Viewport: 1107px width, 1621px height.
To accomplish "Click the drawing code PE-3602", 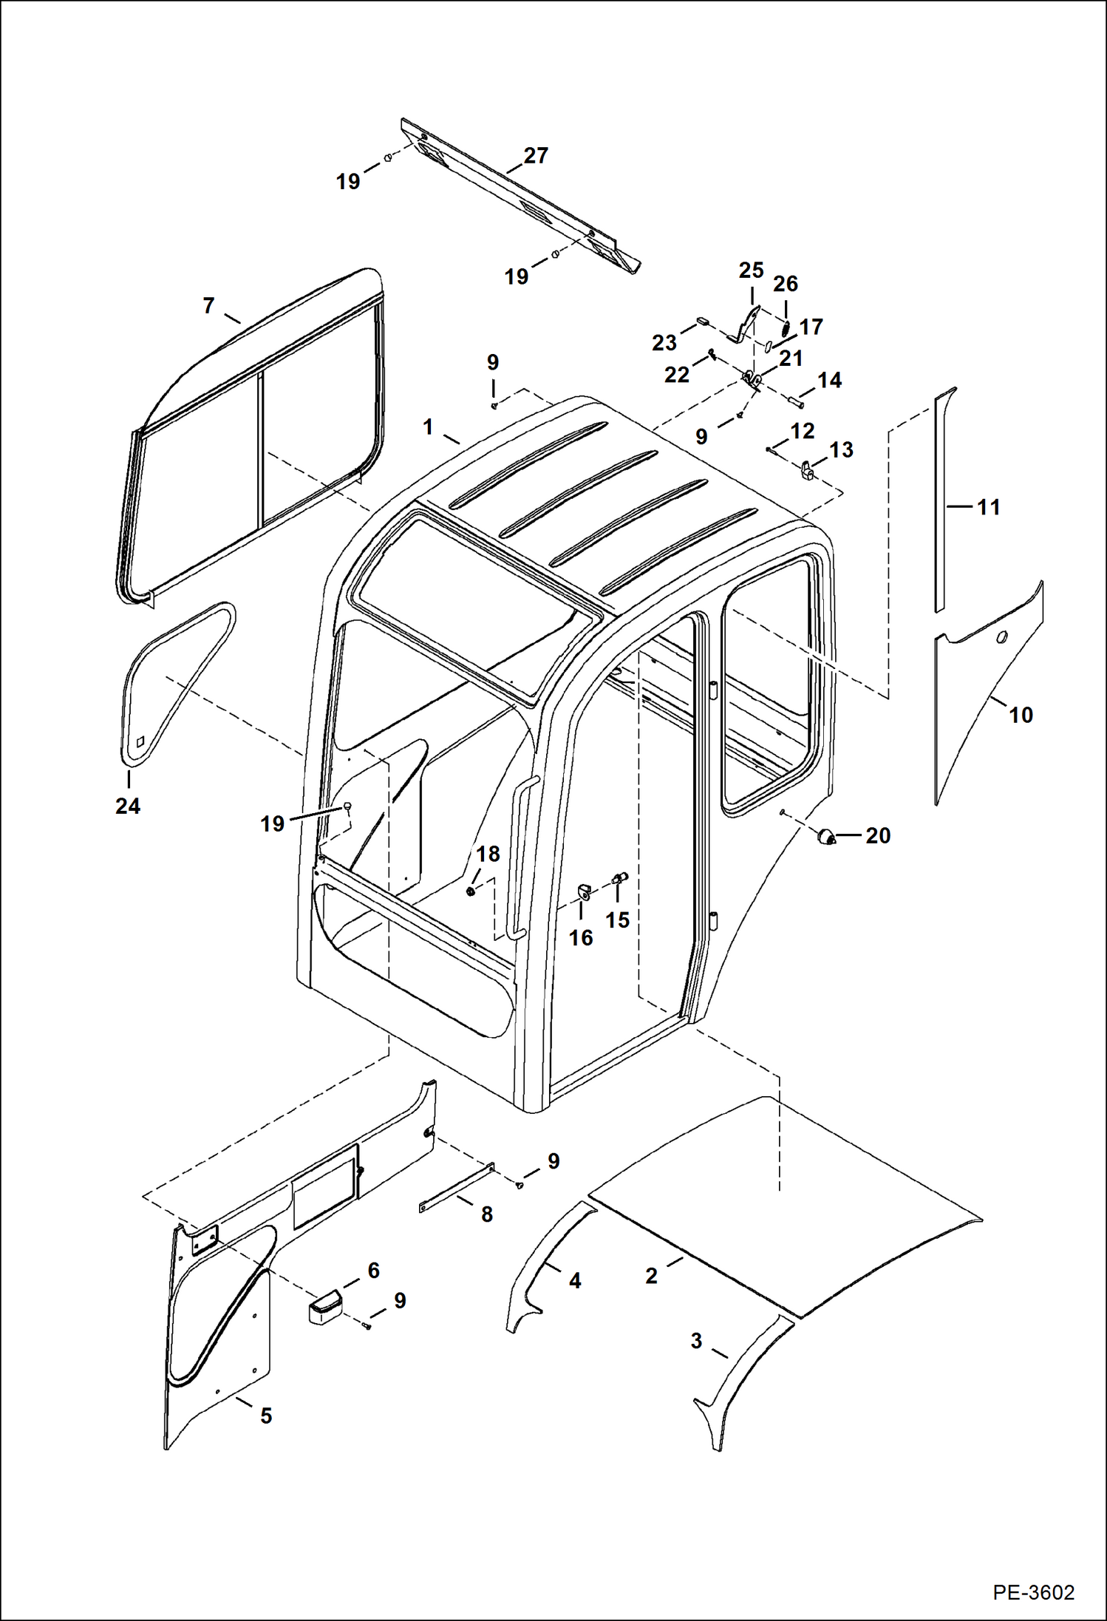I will click(x=1033, y=1587).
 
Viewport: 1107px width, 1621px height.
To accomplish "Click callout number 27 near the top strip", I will click(x=536, y=156).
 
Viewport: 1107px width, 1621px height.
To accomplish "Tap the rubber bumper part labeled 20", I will click(x=825, y=836).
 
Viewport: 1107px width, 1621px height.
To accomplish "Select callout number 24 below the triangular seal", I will click(x=128, y=806).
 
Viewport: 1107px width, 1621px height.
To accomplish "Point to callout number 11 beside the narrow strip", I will click(x=988, y=507).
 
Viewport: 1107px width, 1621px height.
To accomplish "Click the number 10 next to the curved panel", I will click(x=1020, y=715).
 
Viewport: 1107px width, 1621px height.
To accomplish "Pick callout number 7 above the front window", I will click(x=208, y=305).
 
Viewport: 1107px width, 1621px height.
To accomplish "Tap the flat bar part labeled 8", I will click(x=456, y=1188).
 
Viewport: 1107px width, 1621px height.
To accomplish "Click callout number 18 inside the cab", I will click(x=488, y=854).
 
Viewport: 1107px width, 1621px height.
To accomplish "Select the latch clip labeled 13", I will click(x=808, y=469).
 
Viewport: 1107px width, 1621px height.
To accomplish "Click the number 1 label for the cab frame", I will click(x=428, y=427).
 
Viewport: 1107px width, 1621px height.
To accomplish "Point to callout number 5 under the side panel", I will click(x=266, y=1416).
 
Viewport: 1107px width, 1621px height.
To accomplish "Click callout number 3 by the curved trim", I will click(x=696, y=1341).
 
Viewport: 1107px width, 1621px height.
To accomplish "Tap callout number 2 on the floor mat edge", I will click(x=651, y=1276).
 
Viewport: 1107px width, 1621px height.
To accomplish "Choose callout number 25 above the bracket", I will click(x=751, y=271).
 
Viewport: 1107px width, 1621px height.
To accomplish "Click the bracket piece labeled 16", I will click(x=584, y=891).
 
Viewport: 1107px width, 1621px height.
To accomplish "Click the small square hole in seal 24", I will click(x=141, y=741).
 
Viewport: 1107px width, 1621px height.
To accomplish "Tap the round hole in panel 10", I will click(x=1002, y=638).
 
